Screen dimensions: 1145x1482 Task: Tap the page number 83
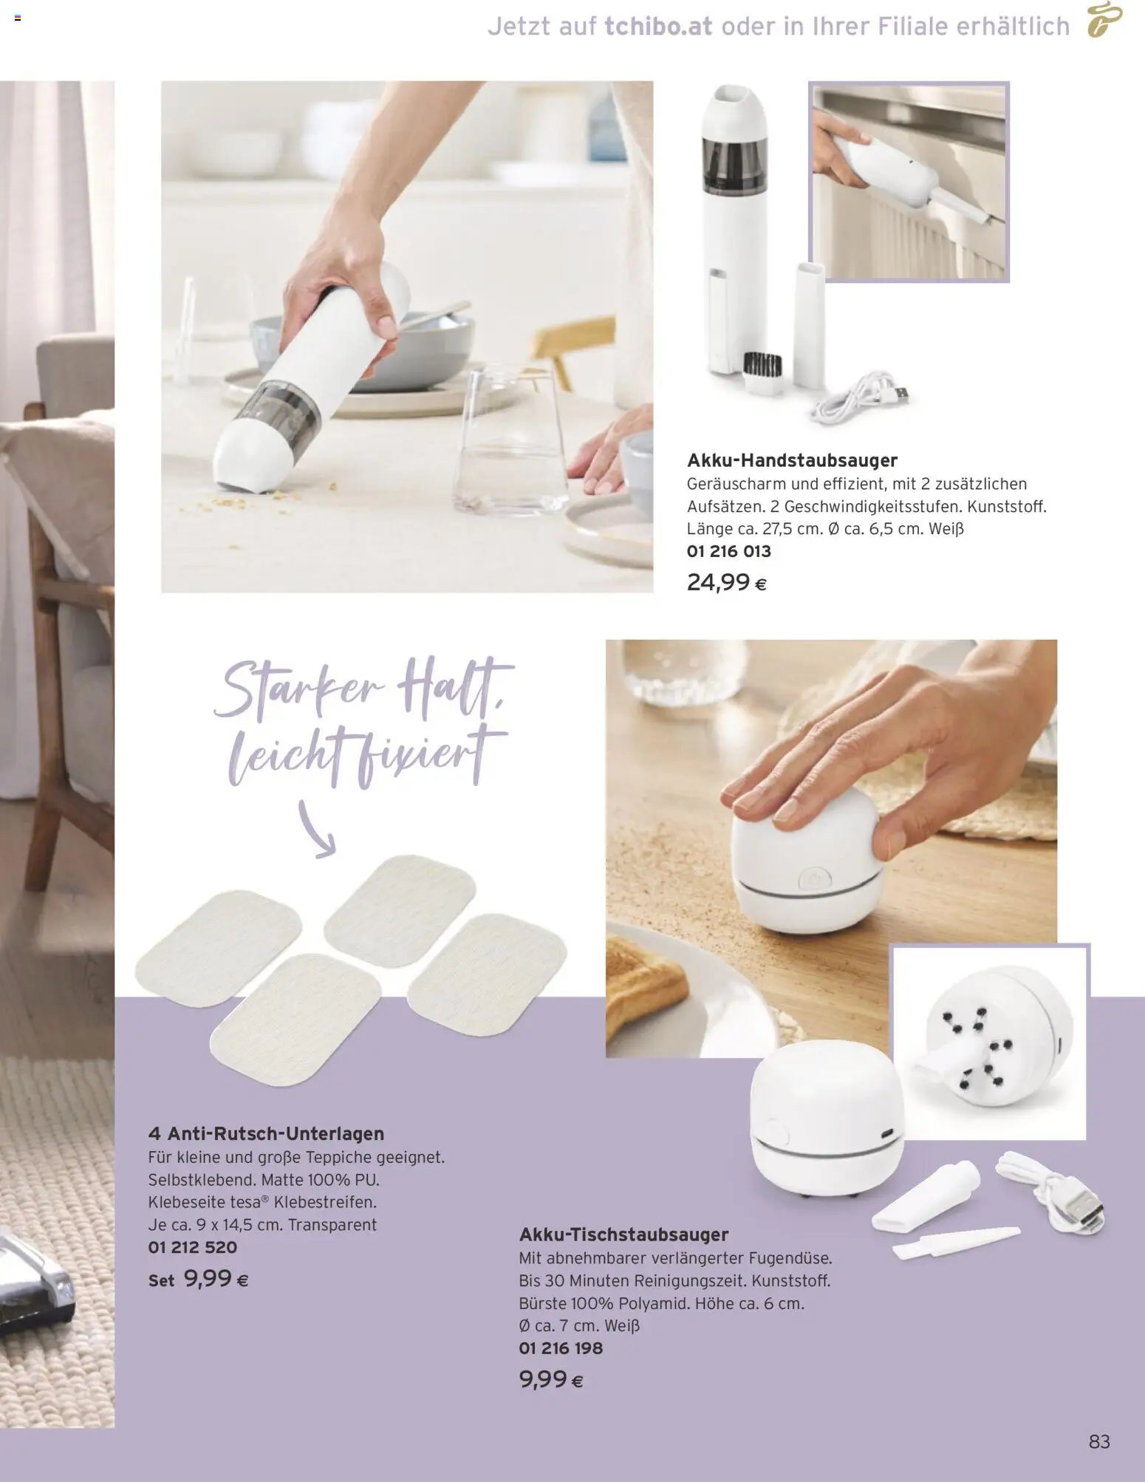click(x=1099, y=1441)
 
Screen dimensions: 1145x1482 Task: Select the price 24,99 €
click(x=726, y=583)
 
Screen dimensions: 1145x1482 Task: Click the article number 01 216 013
click(x=728, y=551)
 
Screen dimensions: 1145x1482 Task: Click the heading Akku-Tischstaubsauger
click(x=623, y=1235)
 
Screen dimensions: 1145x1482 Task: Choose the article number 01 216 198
click(x=561, y=1348)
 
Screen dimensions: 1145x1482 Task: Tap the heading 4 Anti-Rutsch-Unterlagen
click(x=266, y=1133)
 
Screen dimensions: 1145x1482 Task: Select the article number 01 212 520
click(x=193, y=1248)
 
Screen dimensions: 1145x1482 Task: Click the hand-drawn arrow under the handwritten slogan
click(x=316, y=829)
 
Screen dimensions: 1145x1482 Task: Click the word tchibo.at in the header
click(x=658, y=27)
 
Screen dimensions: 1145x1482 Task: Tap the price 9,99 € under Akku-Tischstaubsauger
click(x=551, y=1379)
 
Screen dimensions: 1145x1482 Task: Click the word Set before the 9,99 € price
click(x=161, y=1281)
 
